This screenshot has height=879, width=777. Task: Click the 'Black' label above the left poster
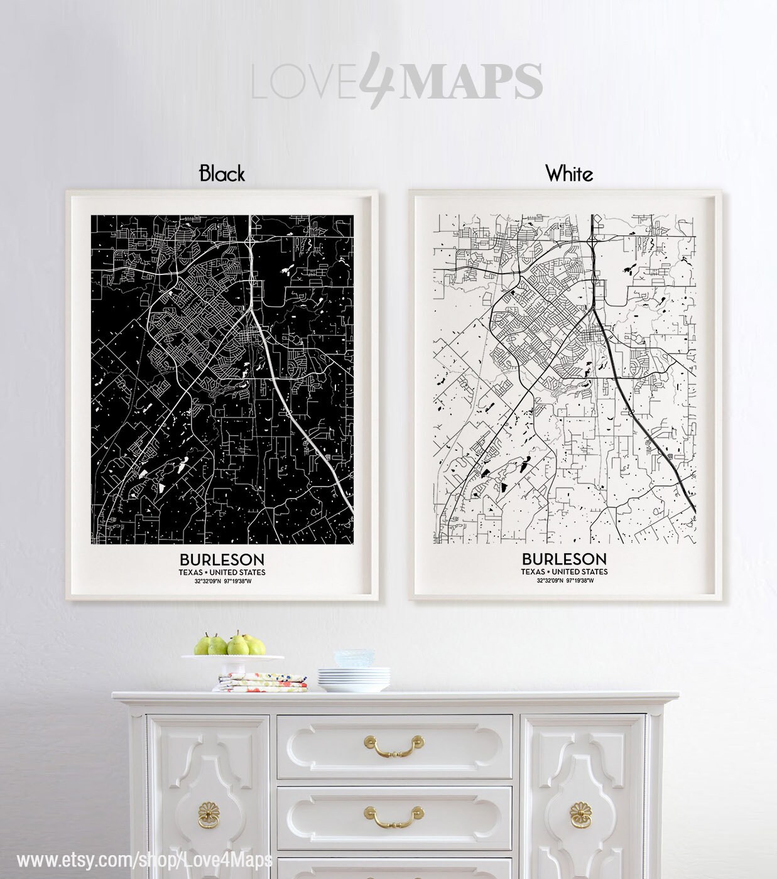[222, 173]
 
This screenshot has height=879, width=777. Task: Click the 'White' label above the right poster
[569, 173]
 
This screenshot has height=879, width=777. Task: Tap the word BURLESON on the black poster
[222, 559]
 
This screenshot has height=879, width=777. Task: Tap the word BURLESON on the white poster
[564, 559]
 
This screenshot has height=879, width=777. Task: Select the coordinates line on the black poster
[222, 581]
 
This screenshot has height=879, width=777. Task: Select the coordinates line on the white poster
[565, 581]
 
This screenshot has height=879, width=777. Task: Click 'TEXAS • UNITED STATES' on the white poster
[564, 572]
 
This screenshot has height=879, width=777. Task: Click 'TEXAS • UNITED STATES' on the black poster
[222, 572]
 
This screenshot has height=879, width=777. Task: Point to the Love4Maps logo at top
[397, 80]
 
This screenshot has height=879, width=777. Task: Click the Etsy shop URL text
[145, 859]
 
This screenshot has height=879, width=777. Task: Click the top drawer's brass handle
[394, 745]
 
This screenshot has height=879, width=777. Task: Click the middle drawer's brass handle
[394, 816]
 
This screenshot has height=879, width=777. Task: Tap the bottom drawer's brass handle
[394, 873]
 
